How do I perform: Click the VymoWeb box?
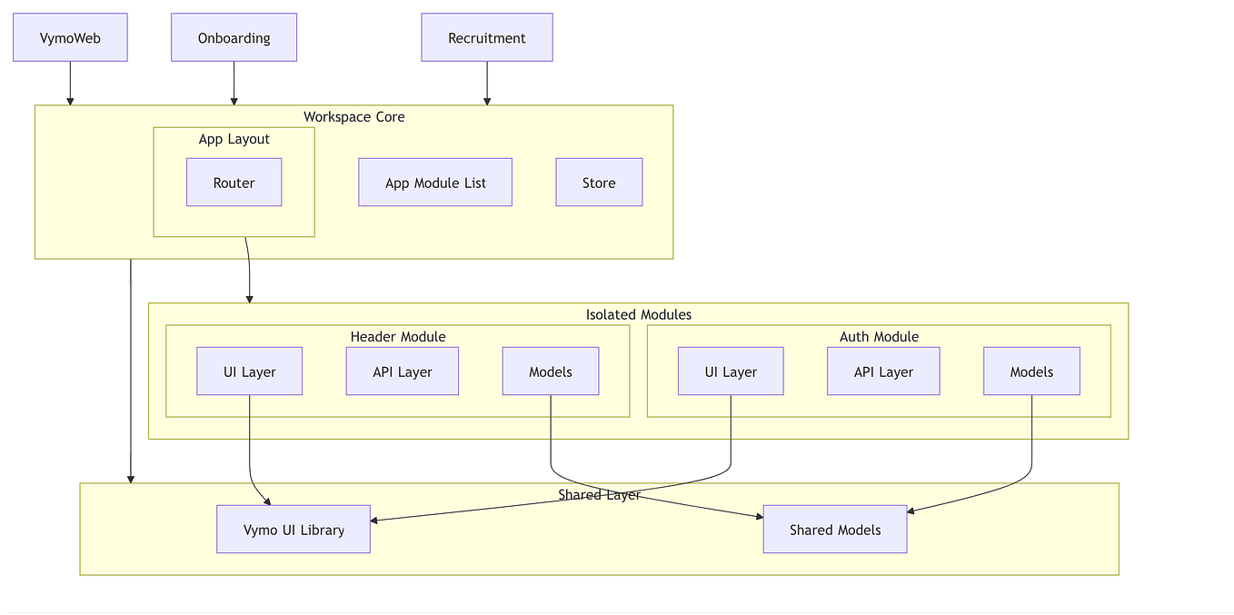pyautogui.click(x=70, y=38)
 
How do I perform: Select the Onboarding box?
pyautogui.click(x=234, y=38)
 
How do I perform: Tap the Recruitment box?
pyautogui.click(x=486, y=38)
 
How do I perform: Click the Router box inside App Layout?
pyautogui.click(x=234, y=183)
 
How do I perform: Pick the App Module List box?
pyautogui.click(x=435, y=183)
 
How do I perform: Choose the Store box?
pyautogui.click(x=599, y=183)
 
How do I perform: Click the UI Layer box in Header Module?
pyautogui.click(x=249, y=372)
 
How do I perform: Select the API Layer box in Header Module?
pyautogui.click(x=402, y=372)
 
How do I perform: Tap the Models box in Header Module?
pyautogui.click(x=551, y=372)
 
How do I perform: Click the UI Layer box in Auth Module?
pyautogui.click(x=731, y=372)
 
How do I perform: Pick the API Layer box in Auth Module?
pyautogui.click(x=883, y=372)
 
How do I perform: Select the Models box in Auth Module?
pyautogui.click(x=1031, y=372)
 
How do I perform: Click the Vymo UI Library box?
pyautogui.click(x=294, y=530)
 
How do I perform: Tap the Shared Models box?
pyautogui.click(x=835, y=530)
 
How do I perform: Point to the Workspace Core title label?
pyautogui.click(x=353, y=117)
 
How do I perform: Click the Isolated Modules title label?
pyautogui.click(x=638, y=315)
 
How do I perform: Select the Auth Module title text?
pyautogui.click(x=879, y=337)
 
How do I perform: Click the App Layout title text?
pyautogui.click(x=234, y=139)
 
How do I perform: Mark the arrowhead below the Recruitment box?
pyautogui.click(x=487, y=101)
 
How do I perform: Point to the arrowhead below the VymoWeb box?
pyautogui.click(x=70, y=101)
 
